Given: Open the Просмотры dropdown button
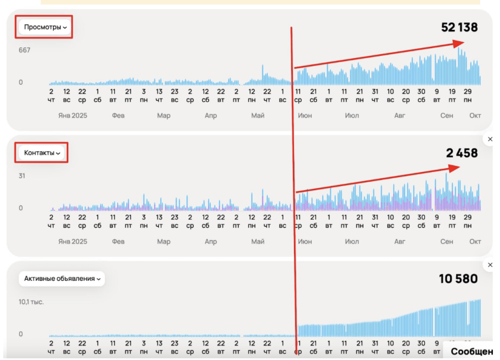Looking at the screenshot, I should pyautogui.click(x=45, y=27).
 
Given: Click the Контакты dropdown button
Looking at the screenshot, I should pyautogui.click(x=42, y=153).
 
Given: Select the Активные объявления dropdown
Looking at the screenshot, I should pyautogui.click(x=62, y=279).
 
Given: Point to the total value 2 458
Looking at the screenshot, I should pyautogui.click(x=461, y=153).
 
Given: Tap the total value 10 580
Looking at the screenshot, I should pyautogui.click(x=458, y=279).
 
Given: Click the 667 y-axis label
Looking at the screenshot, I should pyautogui.click(x=24, y=50).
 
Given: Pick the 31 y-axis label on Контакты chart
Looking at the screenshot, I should pyautogui.click(x=22, y=176).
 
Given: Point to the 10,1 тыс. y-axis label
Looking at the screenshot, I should pyautogui.click(x=31, y=301).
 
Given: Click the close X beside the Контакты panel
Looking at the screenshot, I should pyautogui.click(x=490, y=139).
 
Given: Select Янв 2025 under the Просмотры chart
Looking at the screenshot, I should pyautogui.click(x=73, y=115).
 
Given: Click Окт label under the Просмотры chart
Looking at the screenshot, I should pyautogui.click(x=475, y=115).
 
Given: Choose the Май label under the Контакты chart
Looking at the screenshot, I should pyautogui.click(x=258, y=241).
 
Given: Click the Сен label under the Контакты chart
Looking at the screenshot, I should pyautogui.click(x=446, y=241).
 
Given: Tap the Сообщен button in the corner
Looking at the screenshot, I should pyautogui.click(x=471, y=351).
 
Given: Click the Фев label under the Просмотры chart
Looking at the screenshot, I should pyautogui.click(x=119, y=115).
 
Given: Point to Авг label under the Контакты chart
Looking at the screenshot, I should pyautogui.click(x=400, y=241).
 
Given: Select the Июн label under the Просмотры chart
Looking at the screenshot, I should pyautogui.click(x=305, y=115).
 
